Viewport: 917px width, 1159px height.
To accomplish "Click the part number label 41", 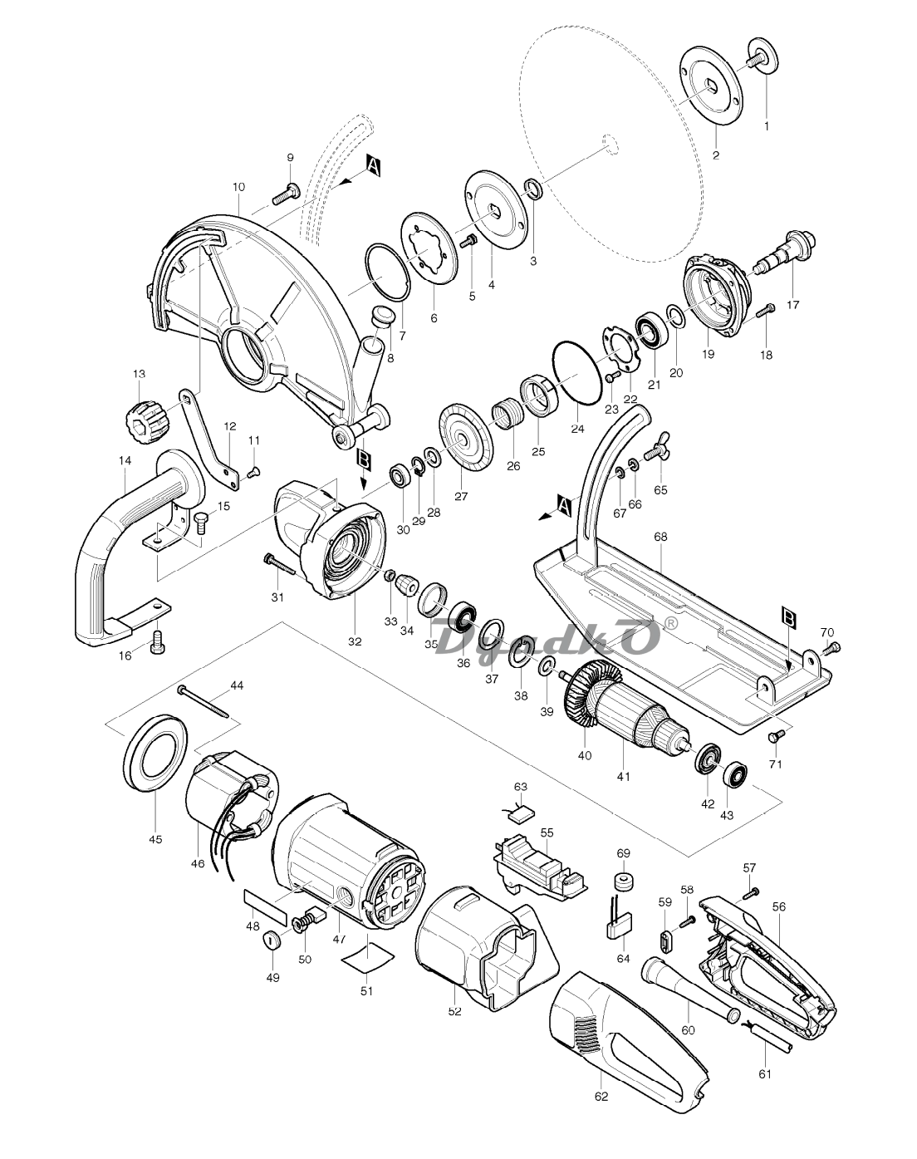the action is pos(623,777).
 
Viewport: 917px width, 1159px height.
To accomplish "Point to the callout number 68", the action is pos(660,537).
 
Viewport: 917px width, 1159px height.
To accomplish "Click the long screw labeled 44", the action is pos(204,702).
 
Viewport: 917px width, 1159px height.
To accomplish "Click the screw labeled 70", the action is pos(830,649).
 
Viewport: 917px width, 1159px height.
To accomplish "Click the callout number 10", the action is pos(238,187).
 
